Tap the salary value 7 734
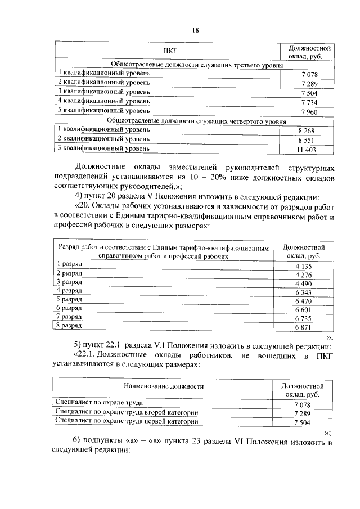[309, 102]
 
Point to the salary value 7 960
[309, 111]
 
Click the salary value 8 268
[309, 130]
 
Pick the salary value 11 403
[309, 150]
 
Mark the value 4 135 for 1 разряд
[303, 266]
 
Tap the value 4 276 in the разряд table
[303, 276]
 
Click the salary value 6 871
[303, 327]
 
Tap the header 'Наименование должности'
[164, 387]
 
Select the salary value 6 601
[303, 310]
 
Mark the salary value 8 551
[309, 140]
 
